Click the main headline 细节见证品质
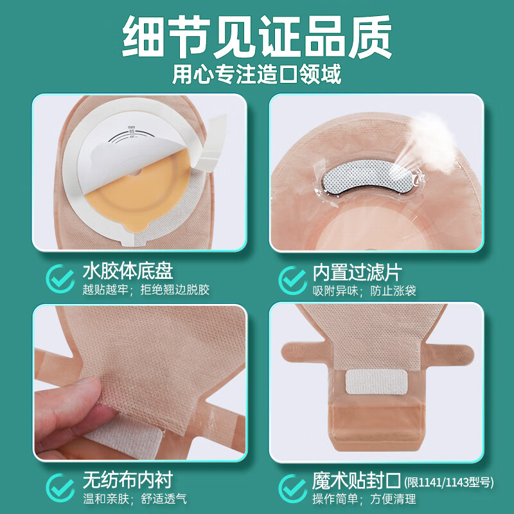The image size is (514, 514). pyautogui.click(x=257, y=35)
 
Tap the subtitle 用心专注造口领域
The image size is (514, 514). pyautogui.click(x=257, y=74)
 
